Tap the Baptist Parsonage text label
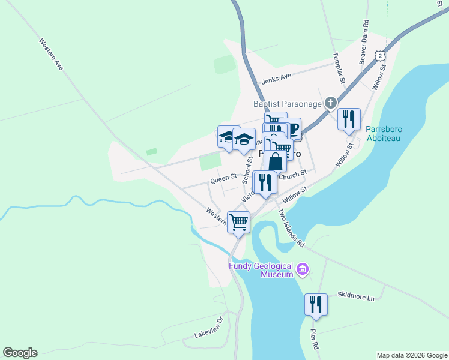286,104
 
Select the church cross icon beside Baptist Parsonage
330,104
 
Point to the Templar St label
339,67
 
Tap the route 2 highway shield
381,55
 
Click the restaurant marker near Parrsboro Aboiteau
348,119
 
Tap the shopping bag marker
275,162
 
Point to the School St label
246,170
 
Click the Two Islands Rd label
292,229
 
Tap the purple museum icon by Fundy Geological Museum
303,270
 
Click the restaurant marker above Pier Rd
315,304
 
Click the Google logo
20,353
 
